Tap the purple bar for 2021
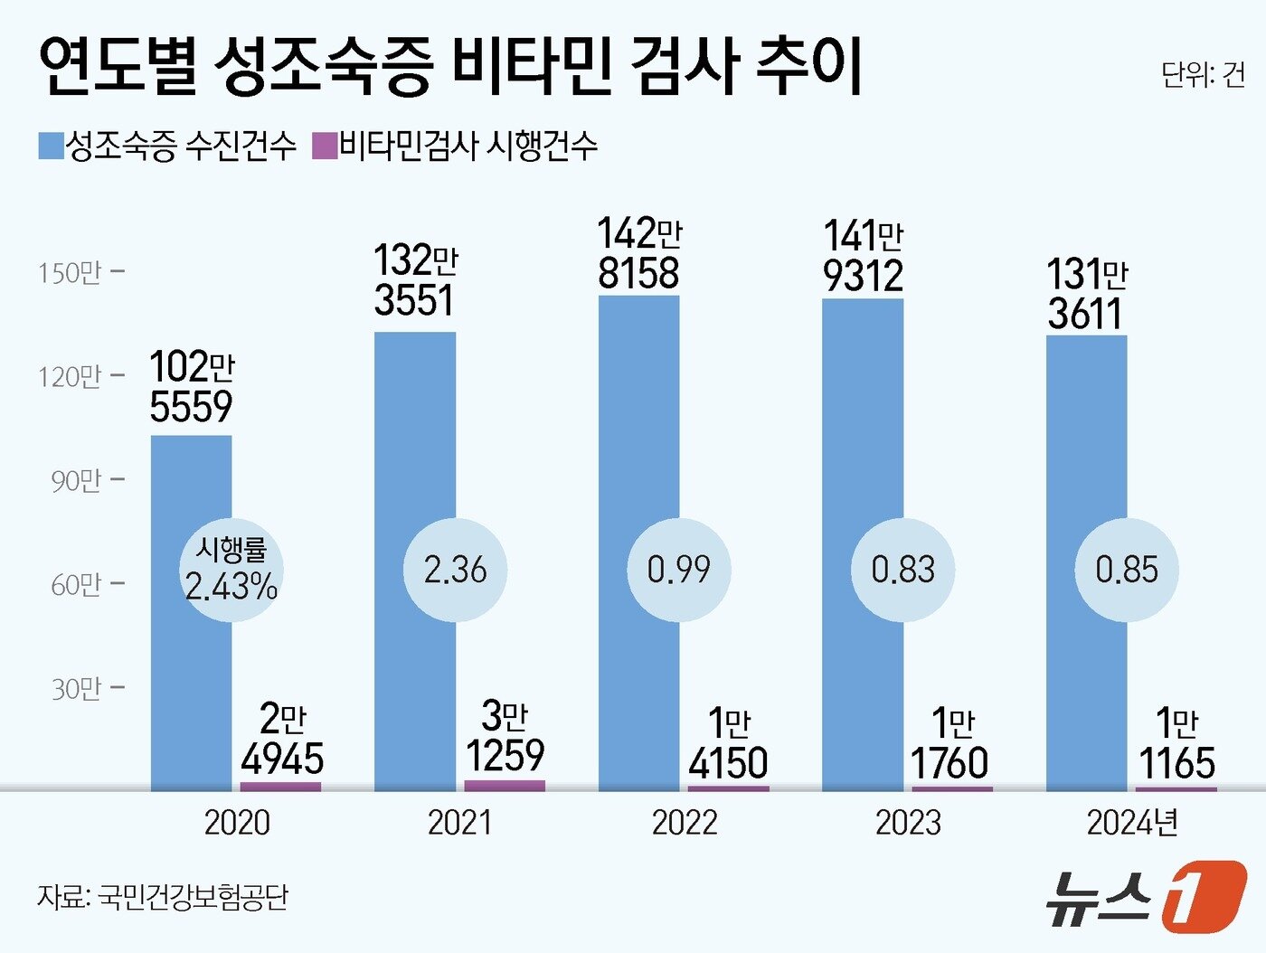coord(505,785)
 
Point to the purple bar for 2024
coord(1176,788)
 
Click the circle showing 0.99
coord(679,570)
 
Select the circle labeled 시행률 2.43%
coord(231,570)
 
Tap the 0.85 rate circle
coord(1127,570)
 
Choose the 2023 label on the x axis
coord(908,823)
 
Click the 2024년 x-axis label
coord(1132,823)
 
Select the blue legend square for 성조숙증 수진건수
coord(51,146)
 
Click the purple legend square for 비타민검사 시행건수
coord(325,146)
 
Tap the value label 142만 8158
coord(638,254)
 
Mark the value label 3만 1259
coord(505,737)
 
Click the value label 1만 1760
coord(950,744)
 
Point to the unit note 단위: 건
coord(1202,75)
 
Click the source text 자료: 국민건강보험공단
coord(163,897)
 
